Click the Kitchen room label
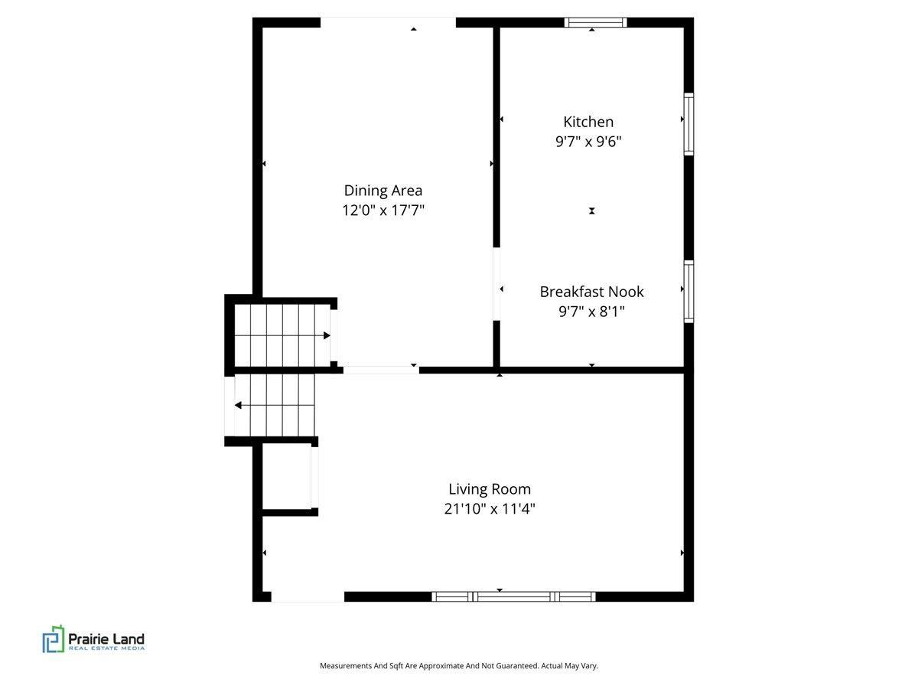tap(588, 122)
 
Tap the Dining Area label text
tap(382, 191)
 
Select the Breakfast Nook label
tap(591, 292)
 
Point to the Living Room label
tap(490, 489)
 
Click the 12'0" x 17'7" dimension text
tap(382, 210)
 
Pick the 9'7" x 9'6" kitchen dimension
tap(588, 142)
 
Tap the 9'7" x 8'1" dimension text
tap(591, 312)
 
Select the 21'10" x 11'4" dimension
tap(490, 508)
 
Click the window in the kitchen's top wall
tap(595, 23)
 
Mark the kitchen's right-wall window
tap(688, 124)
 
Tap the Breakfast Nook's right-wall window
tap(688, 292)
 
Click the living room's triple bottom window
tap(513, 596)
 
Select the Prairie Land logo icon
tap(53, 639)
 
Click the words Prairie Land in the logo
tap(106, 638)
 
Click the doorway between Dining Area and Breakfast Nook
tap(496, 284)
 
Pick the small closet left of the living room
tap(287, 477)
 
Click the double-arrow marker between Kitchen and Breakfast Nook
tap(591, 211)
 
